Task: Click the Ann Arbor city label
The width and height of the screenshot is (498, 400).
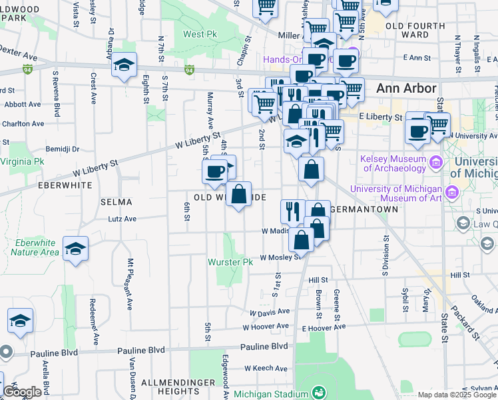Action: (405, 88)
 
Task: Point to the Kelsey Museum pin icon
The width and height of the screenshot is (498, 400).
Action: (435, 162)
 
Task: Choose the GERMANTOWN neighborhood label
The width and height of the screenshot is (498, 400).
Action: (364, 209)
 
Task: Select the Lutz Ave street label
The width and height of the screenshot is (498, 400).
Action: (122, 218)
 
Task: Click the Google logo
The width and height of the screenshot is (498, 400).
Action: (22, 392)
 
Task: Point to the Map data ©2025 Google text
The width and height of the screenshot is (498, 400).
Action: (457, 395)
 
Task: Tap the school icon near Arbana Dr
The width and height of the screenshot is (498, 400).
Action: (124, 65)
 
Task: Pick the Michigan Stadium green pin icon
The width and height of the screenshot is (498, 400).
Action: (318, 391)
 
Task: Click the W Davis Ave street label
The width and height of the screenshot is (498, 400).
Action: (270, 311)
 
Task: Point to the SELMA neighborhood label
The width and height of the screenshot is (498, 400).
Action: (116, 201)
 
